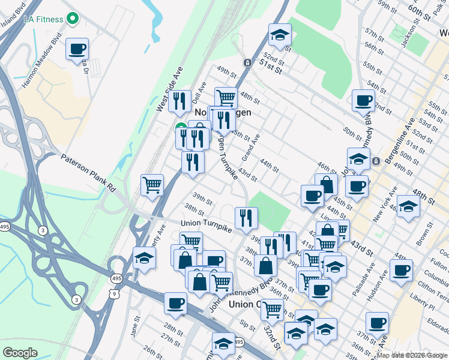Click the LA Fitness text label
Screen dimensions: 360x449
43,19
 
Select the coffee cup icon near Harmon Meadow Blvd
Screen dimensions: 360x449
77,49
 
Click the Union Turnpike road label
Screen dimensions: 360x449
206,223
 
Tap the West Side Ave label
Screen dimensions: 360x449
169,90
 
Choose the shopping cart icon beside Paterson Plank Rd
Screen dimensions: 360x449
152,184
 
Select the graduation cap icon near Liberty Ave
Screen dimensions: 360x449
144,257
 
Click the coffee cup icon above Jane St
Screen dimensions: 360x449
175,303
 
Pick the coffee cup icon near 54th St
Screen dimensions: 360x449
363,100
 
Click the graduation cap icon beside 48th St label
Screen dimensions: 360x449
408,205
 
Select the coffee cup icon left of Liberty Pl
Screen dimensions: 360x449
401,269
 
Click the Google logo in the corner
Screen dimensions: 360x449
20,353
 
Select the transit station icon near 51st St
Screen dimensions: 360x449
247,63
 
